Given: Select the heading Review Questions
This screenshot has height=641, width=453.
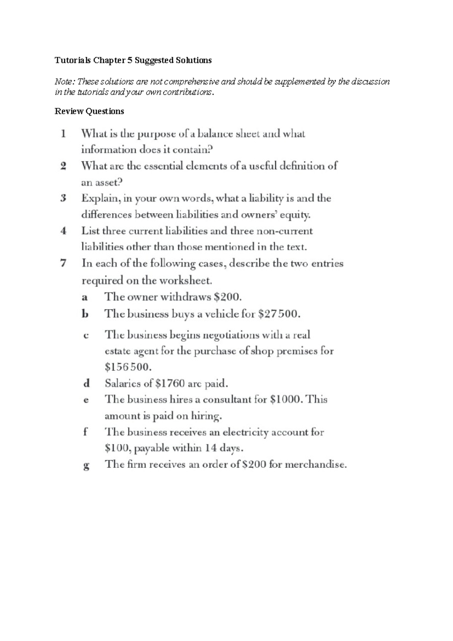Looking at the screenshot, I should click(x=89, y=111).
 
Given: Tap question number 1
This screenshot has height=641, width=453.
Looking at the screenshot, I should click(x=63, y=134).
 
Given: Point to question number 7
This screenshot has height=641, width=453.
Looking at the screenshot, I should click(x=63, y=263).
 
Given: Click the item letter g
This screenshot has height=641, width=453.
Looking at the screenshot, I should click(x=86, y=465).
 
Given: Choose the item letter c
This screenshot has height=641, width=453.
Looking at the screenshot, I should click(x=86, y=335).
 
